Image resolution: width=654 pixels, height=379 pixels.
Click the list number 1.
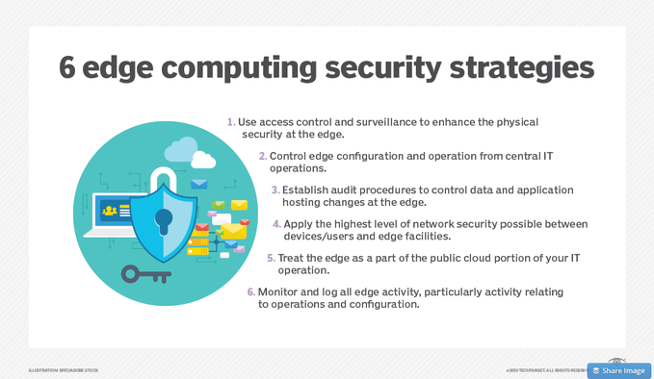(231, 122)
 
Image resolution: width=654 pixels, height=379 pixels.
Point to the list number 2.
(263, 156)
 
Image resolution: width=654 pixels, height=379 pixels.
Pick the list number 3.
(275, 189)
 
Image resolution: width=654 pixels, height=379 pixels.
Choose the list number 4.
(276, 224)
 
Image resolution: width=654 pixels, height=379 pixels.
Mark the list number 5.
(271, 258)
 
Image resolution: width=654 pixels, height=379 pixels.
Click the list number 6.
(251, 291)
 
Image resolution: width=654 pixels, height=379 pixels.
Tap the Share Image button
(618, 370)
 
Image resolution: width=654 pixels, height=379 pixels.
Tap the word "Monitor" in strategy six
(280, 291)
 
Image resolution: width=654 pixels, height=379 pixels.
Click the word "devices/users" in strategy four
(320, 237)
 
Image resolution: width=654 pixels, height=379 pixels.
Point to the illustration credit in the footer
(64, 370)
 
